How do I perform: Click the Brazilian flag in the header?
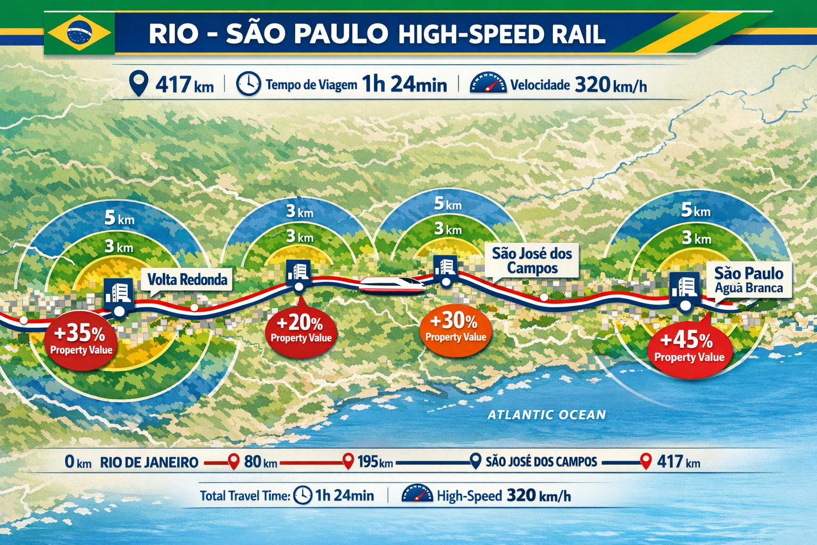coord(79,33)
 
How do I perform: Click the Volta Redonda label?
coord(187,280)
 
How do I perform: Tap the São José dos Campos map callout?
coord(532,260)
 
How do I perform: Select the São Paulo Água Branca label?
coord(748,280)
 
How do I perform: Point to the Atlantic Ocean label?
coord(546,415)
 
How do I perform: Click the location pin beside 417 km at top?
coord(139,84)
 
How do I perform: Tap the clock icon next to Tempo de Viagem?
coord(248,84)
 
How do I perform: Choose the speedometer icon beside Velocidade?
coord(488,84)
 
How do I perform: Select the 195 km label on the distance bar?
coord(375,461)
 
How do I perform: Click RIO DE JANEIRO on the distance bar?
coord(149,462)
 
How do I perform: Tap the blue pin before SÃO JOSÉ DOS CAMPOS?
coord(476,461)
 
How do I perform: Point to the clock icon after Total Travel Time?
coord(303,496)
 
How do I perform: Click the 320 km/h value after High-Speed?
coord(539,496)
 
